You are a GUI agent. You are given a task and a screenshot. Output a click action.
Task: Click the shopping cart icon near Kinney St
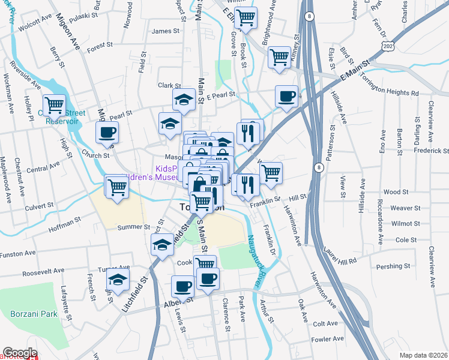click(279, 58)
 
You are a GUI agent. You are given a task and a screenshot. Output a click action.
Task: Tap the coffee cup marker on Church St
click(107, 132)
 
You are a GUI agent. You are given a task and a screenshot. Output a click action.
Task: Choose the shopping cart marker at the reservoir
click(53, 106)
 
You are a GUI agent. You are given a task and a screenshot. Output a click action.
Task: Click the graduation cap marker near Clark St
click(183, 100)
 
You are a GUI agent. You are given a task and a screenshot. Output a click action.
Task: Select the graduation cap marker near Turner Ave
click(118, 279)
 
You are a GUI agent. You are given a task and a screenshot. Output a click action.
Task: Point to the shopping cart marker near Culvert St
click(116, 186)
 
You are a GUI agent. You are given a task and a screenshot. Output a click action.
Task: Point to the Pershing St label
click(393, 266)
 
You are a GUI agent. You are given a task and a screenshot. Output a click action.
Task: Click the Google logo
click(20, 353)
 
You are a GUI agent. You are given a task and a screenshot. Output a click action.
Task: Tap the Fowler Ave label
click(328, 339)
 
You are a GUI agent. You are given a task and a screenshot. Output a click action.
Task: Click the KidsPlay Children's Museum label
click(167, 173)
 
